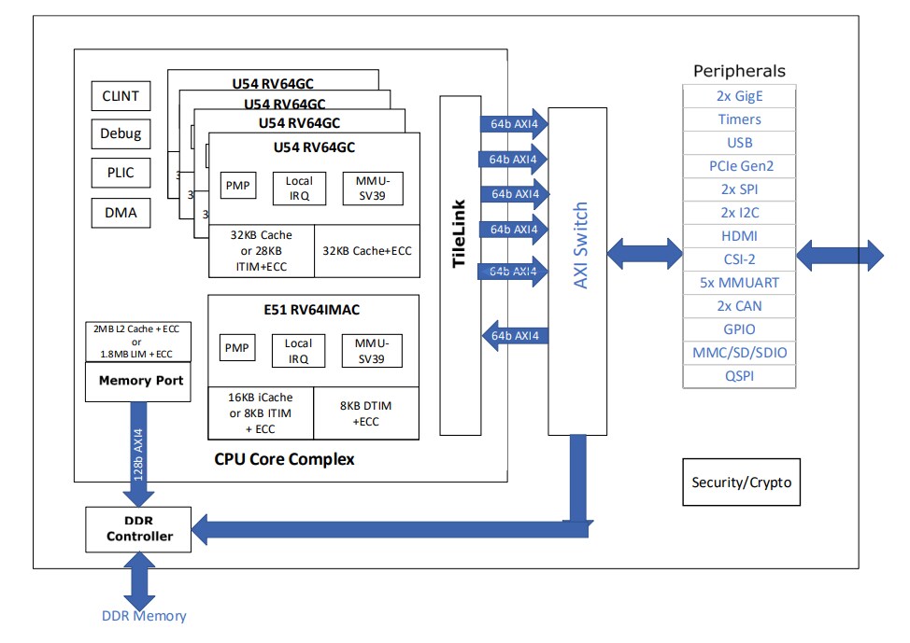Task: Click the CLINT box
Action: click(120, 96)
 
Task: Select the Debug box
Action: click(120, 133)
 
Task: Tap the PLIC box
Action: click(120, 173)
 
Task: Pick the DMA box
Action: click(120, 212)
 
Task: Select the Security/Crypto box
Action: click(741, 482)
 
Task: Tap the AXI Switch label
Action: click(580, 245)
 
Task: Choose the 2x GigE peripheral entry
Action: click(739, 96)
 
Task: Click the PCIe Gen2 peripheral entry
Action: click(739, 166)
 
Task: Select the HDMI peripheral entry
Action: click(739, 236)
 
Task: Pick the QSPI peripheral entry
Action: click(739, 376)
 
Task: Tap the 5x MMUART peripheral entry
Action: click(739, 283)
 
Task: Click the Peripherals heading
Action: click(739, 71)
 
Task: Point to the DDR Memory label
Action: click(144, 616)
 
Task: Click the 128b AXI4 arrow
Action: click(139, 454)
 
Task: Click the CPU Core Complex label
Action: click(284, 459)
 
